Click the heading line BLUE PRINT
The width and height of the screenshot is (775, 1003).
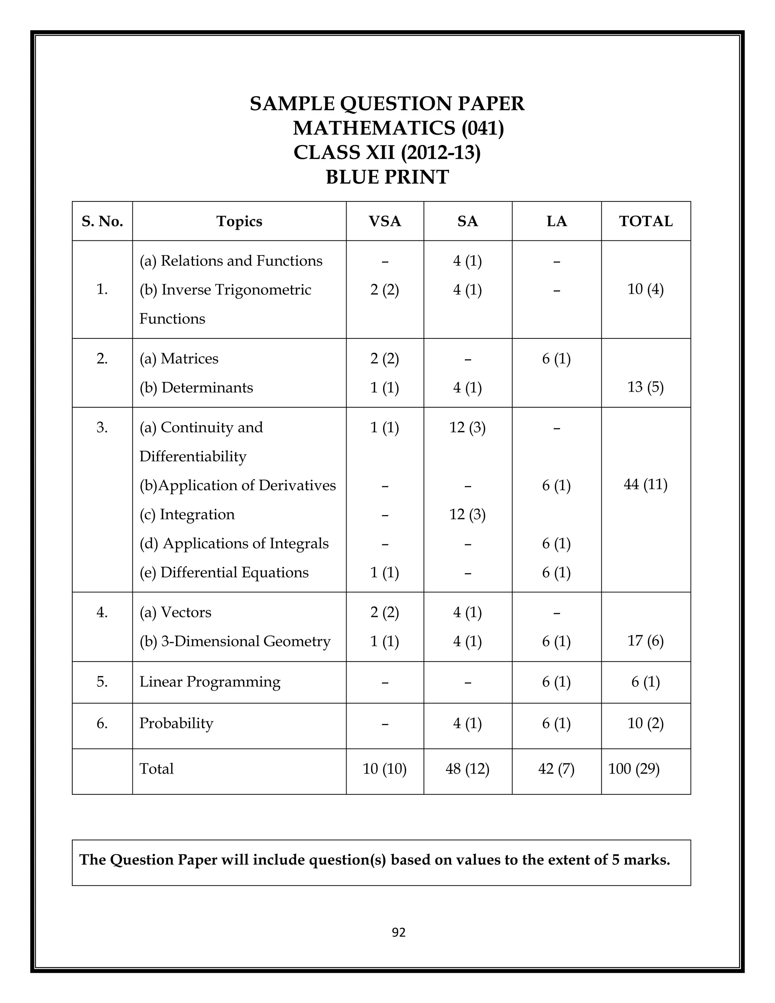(x=387, y=177)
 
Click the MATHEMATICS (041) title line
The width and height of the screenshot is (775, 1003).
(x=398, y=128)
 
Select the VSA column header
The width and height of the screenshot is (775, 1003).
(x=385, y=221)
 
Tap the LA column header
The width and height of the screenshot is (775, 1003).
(x=556, y=221)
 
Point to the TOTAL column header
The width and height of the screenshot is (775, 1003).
(x=646, y=221)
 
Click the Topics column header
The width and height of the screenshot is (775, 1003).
(x=239, y=221)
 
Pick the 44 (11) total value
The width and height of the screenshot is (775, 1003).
(x=646, y=484)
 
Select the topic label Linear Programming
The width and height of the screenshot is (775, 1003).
(x=210, y=682)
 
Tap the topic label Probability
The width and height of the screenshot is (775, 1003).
(x=176, y=723)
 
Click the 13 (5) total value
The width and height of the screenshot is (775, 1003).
(x=646, y=387)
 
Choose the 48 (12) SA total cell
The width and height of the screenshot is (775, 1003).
(x=467, y=769)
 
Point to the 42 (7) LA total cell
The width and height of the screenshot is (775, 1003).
(x=556, y=769)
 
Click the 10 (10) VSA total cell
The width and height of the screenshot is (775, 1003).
(x=385, y=769)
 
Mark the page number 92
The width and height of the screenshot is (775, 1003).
(x=398, y=933)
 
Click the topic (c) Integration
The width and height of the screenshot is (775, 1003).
(x=187, y=514)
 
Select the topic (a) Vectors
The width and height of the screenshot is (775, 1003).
(x=175, y=612)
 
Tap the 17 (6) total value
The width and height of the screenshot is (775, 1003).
(x=646, y=641)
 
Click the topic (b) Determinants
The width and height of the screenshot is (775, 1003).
(x=196, y=388)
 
